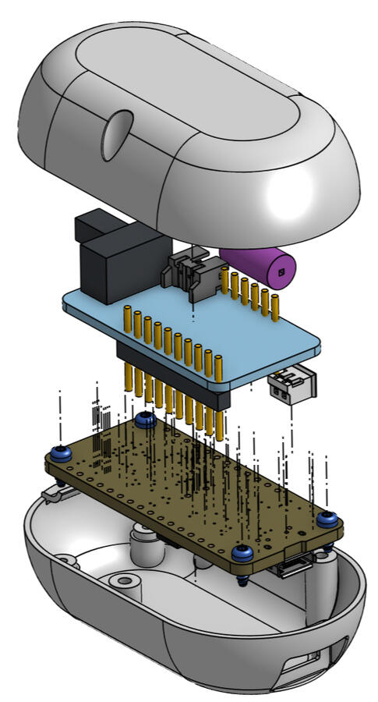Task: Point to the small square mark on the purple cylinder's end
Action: coord(281,271)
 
